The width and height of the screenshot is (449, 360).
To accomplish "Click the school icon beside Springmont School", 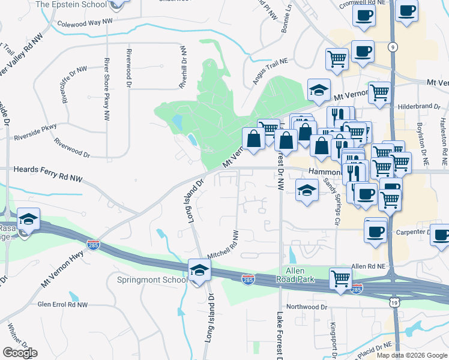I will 199,271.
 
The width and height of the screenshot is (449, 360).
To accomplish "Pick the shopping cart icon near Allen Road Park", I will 340,278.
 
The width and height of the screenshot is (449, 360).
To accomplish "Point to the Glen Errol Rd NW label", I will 62,305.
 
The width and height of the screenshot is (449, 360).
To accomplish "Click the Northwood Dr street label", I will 307,307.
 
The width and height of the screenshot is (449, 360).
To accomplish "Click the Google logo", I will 20,353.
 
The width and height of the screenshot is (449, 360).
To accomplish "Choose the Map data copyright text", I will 412,355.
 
